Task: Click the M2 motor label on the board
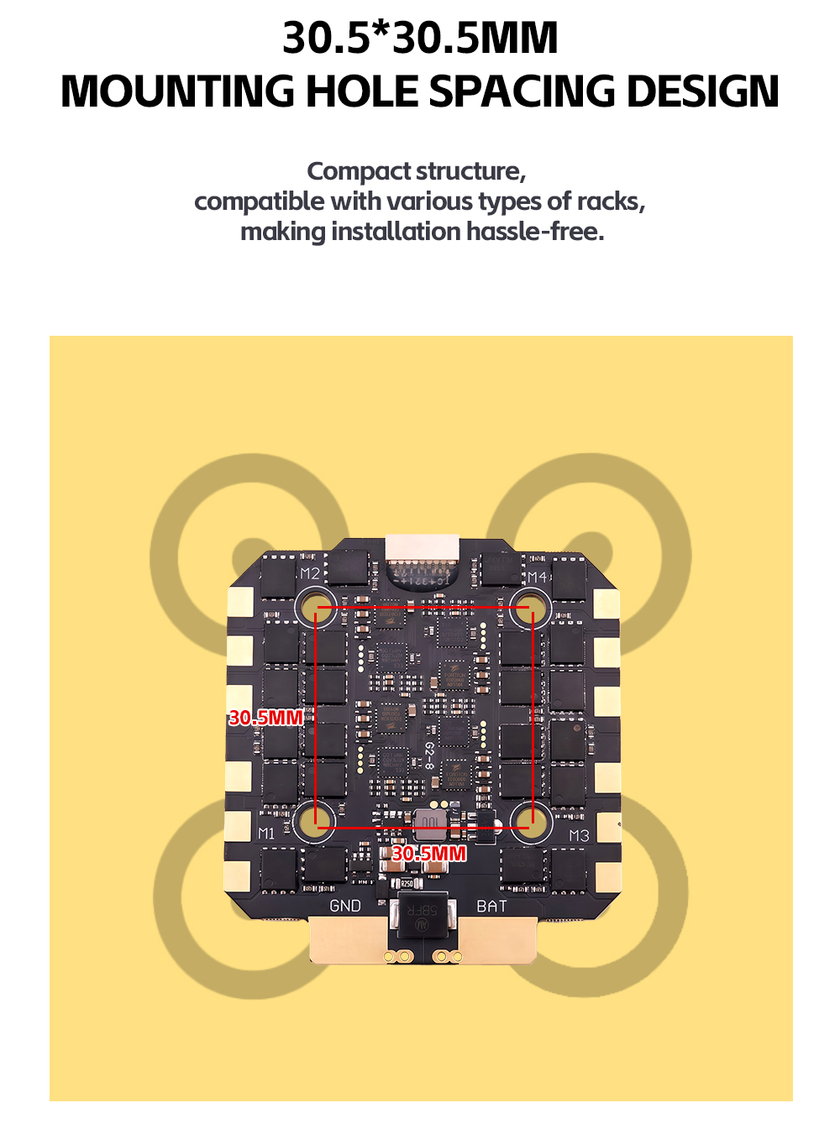311,573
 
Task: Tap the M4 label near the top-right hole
538,577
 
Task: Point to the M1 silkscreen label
266,833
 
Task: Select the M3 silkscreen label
579,835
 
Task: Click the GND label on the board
345,906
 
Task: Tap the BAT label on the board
491,906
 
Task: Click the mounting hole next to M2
317,606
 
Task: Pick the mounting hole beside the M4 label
531,607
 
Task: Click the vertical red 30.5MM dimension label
265,718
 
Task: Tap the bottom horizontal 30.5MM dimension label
428,854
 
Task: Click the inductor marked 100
430,823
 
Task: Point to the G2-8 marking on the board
428,755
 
